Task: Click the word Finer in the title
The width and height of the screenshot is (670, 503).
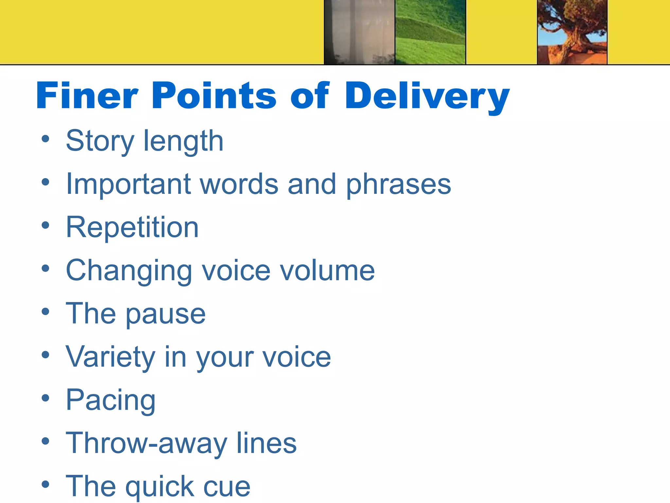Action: (87, 96)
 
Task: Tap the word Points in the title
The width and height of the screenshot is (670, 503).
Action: (214, 96)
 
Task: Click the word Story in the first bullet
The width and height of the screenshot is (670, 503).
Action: (100, 141)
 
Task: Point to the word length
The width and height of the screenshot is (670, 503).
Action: (184, 141)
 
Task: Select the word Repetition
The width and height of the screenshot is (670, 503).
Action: (132, 227)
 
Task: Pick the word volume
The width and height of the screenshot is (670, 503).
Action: (327, 271)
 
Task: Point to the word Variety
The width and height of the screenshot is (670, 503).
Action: (110, 357)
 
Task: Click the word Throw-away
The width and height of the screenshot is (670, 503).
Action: (147, 443)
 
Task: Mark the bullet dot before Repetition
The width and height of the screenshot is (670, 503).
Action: (45, 225)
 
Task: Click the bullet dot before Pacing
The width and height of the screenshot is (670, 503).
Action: (45, 398)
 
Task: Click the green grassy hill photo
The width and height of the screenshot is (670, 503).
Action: (430, 32)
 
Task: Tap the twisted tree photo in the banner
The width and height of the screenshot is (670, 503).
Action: (572, 32)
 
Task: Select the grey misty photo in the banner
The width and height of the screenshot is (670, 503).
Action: (359, 32)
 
